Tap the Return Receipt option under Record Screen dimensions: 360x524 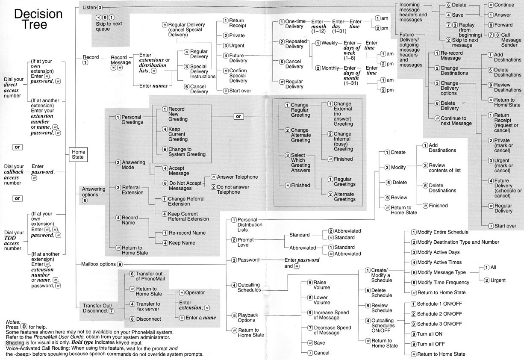237,24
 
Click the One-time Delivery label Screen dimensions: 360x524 294,24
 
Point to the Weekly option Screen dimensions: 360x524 329,43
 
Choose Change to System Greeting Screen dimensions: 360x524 186,152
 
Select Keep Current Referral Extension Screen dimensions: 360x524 188,216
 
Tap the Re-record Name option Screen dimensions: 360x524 186,233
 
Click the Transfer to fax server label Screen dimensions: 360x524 148,307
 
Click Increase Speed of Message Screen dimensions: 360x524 332,315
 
